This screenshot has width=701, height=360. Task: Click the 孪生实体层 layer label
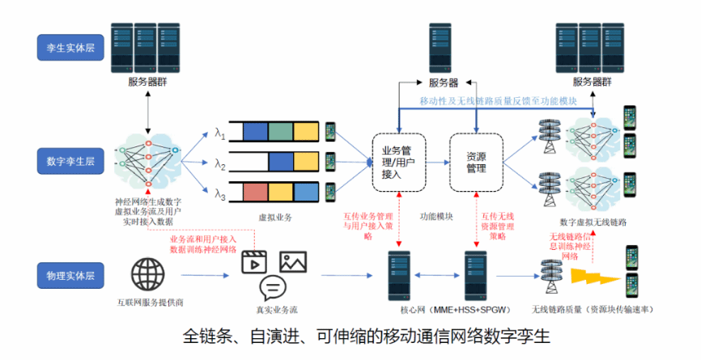66,48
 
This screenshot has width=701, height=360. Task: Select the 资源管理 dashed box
477,161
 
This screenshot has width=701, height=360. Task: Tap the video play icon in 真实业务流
255,262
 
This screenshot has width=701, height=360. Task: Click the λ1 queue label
220,131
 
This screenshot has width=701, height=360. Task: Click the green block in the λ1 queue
280,131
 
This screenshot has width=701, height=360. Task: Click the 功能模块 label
436,217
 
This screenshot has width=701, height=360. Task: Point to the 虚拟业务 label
274,218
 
